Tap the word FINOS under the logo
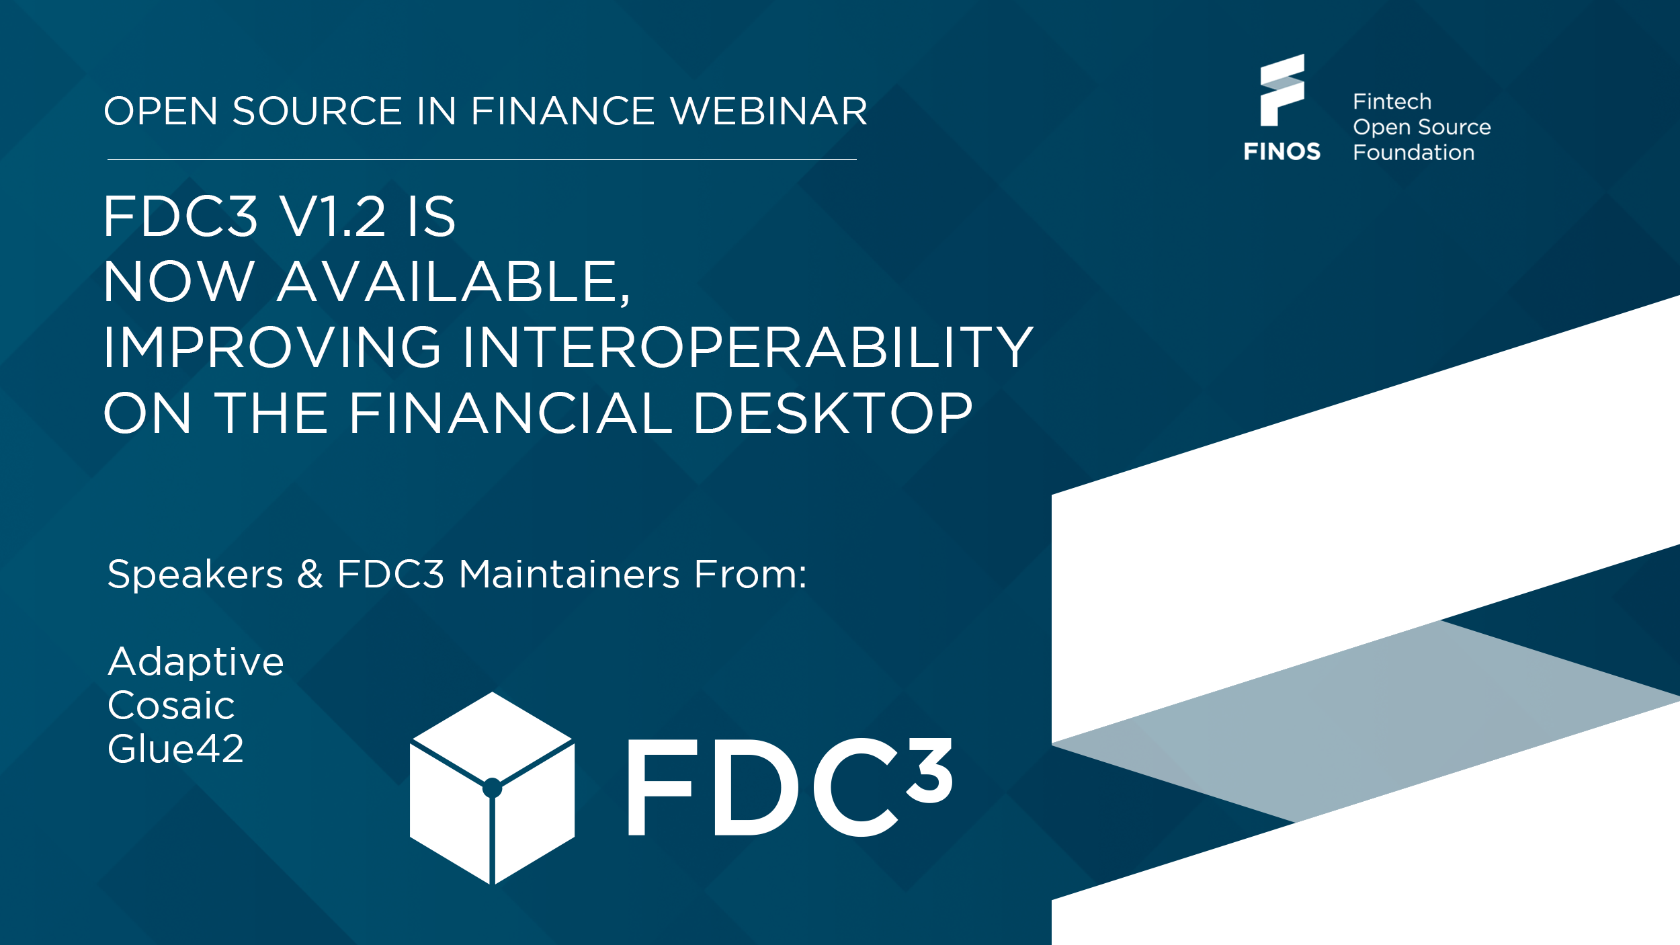pos(1282,152)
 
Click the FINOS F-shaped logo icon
pos(1282,90)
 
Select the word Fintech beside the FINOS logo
pos(1392,102)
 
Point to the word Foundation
pos(1413,153)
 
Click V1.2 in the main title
pos(333,216)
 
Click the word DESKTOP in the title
pos(833,413)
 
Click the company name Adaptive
pos(196,661)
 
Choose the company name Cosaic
pos(171,705)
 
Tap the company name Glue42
pos(175,749)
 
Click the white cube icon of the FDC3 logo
pos(492,788)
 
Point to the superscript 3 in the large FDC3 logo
pos(930,770)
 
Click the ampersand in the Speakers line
pos(310,575)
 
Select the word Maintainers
pos(569,575)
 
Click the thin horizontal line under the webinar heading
pos(482,159)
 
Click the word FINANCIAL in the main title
pos(510,413)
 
